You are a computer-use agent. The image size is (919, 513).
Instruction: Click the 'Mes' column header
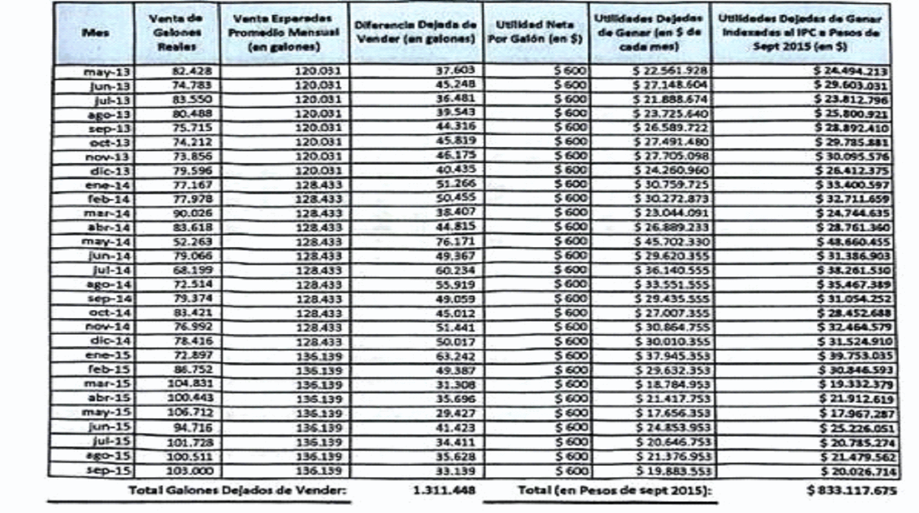click(95, 33)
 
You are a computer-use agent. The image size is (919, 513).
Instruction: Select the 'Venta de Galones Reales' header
click(176, 33)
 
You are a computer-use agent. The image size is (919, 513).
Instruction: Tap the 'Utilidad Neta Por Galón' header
click(535, 32)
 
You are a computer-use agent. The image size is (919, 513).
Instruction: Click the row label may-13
click(107, 72)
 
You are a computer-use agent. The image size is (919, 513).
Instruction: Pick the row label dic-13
click(110, 171)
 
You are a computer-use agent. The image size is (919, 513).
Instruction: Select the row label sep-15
click(108, 470)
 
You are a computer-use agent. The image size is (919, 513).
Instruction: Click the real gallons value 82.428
click(192, 71)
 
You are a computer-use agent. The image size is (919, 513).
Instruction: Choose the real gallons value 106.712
click(190, 412)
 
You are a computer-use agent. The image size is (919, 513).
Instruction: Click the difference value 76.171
click(455, 241)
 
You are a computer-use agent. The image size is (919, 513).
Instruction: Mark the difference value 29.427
click(455, 412)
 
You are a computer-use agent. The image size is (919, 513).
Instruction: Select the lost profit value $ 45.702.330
click(672, 242)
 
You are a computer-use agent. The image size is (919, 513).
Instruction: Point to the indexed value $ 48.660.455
click(853, 242)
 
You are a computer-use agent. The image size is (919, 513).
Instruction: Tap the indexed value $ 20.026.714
click(854, 471)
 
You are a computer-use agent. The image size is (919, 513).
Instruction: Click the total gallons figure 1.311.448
click(444, 490)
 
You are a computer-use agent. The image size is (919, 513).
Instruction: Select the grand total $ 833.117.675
click(852, 490)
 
